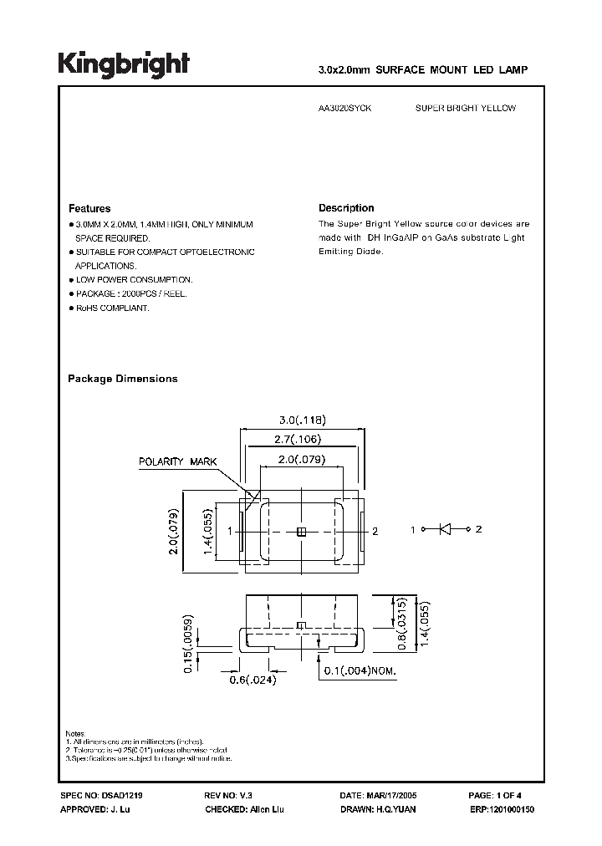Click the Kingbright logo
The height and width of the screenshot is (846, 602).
[x=123, y=64]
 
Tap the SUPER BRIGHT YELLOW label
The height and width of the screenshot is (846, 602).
[x=466, y=109]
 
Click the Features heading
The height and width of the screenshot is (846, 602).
[x=89, y=208]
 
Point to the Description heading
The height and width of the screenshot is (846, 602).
[x=346, y=208]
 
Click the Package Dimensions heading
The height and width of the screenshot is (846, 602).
[x=122, y=379]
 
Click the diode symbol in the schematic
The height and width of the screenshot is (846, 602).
[x=445, y=529]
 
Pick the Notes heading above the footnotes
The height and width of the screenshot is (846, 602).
[x=75, y=733]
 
